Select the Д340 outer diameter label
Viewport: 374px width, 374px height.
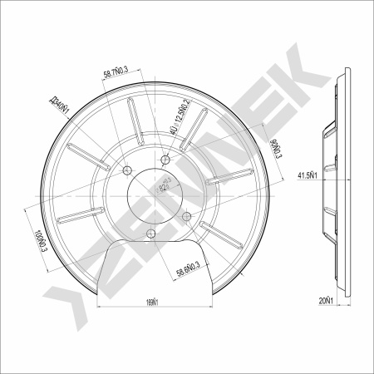click(x=58, y=106)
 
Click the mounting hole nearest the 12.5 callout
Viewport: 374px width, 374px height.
click(x=166, y=159)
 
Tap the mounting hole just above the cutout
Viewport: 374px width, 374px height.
click(x=150, y=234)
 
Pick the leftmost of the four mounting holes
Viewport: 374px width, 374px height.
click(x=128, y=172)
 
